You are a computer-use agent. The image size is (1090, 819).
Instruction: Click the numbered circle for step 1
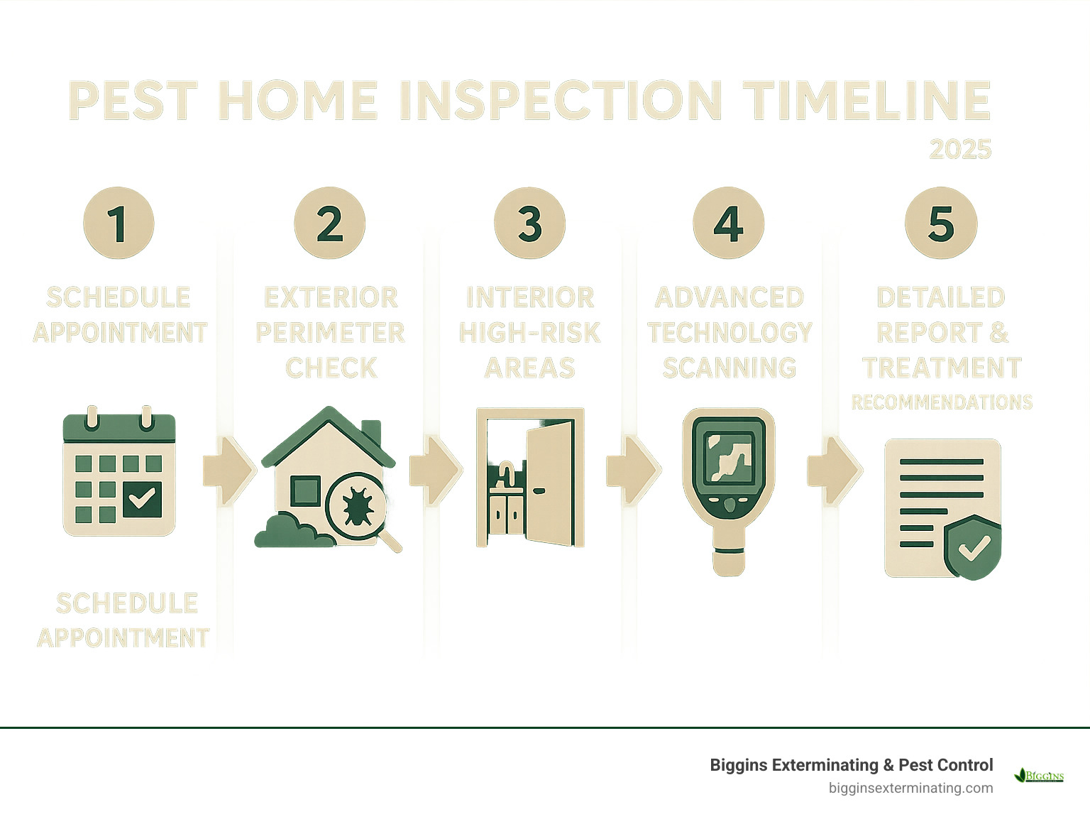[x=119, y=223]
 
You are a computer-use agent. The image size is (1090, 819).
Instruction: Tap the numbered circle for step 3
[x=529, y=223]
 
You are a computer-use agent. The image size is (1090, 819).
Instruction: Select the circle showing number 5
[x=941, y=223]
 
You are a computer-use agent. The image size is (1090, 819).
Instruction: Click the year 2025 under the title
[x=960, y=149]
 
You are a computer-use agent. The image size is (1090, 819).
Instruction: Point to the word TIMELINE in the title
[x=866, y=100]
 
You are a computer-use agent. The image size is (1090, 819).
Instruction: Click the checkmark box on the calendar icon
[x=142, y=499]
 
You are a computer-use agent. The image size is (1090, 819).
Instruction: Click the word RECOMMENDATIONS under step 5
[x=942, y=402]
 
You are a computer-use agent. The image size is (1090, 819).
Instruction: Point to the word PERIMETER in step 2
[x=330, y=332]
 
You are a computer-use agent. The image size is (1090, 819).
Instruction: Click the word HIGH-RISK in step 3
[x=529, y=332]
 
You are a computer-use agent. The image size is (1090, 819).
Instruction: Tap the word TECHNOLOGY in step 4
[x=730, y=332]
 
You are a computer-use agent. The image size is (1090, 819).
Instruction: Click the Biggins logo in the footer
[x=1039, y=775]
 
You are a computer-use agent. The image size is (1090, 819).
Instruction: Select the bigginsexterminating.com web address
[x=910, y=788]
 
